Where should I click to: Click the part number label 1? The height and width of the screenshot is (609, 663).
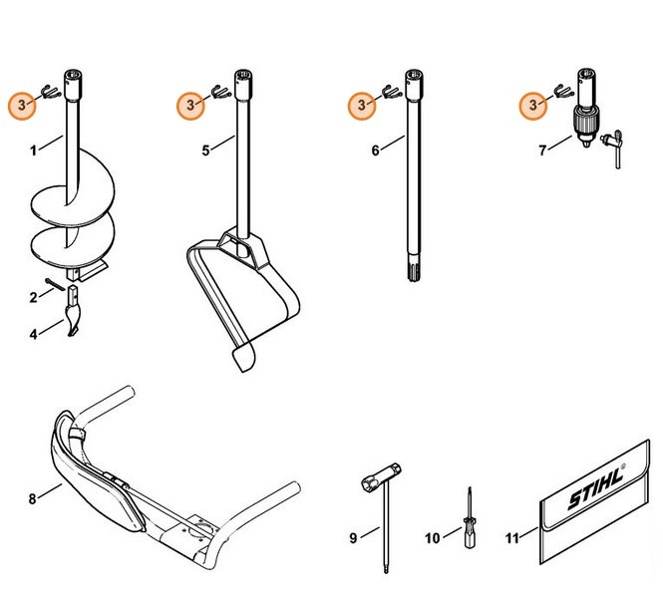pyautogui.click(x=32, y=151)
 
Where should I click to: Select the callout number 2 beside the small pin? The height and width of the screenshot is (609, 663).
pyautogui.click(x=32, y=297)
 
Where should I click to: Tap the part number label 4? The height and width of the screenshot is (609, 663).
pyautogui.click(x=32, y=334)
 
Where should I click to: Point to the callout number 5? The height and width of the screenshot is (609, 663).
pyautogui.click(x=205, y=151)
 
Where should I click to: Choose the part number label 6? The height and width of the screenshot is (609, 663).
pyautogui.click(x=376, y=151)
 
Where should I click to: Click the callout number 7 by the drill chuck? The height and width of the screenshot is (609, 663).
pyautogui.click(x=542, y=151)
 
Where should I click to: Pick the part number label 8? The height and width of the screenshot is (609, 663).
pyautogui.click(x=32, y=496)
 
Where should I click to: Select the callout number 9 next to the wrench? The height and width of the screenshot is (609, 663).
pyautogui.click(x=353, y=539)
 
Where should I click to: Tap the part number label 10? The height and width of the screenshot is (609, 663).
pyautogui.click(x=432, y=539)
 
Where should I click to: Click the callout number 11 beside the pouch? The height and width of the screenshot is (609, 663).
pyautogui.click(x=512, y=539)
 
